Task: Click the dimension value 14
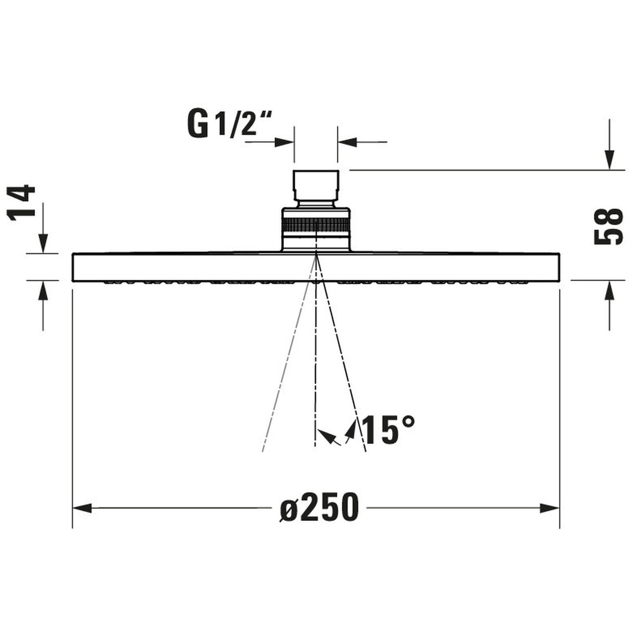coord(24,203)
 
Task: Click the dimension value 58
coord(608,226)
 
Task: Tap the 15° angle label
coord(388,430)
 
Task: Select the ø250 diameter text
coord(319,507)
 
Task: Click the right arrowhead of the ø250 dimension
coord(550,508)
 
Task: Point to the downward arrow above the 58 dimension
coord(609,159)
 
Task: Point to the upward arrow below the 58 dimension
coord(609,290)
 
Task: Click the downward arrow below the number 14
coord(43,243)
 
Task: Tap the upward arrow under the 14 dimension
coord(43,291)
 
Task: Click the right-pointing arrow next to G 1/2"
coord(285,141)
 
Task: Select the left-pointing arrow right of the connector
coord(347,141)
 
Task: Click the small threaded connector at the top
coord(315,186)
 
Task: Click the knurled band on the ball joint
coord(315,228)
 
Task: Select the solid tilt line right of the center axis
coord(342,365)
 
